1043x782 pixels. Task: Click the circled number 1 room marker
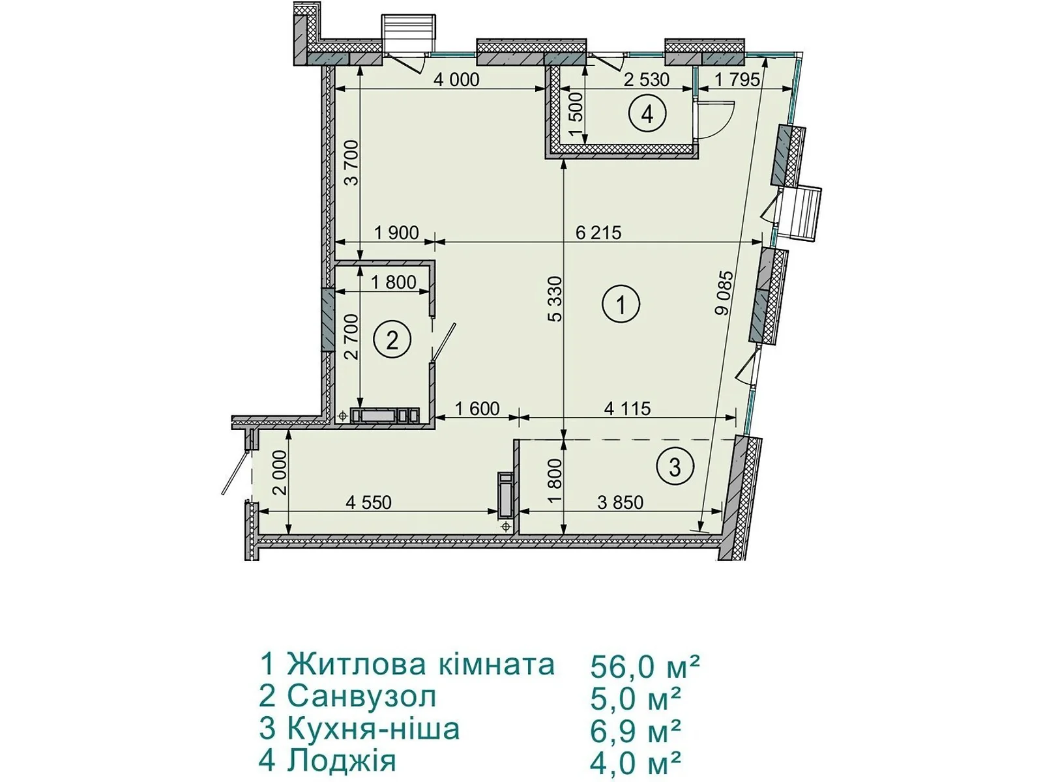621,304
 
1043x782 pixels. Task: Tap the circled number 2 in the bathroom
392,340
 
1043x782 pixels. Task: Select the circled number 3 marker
675,467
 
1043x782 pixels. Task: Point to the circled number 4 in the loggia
647,114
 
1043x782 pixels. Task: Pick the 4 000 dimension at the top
457,80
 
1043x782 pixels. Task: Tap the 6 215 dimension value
598,233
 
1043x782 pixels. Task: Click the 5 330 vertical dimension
555,299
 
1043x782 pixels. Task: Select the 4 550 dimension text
368,502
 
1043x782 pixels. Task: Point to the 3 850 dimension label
621,502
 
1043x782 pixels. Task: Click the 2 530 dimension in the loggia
646,80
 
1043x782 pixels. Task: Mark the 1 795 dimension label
737,80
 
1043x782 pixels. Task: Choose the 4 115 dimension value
627,409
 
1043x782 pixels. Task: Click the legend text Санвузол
362,697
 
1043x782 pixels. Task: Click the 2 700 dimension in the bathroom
351,337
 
